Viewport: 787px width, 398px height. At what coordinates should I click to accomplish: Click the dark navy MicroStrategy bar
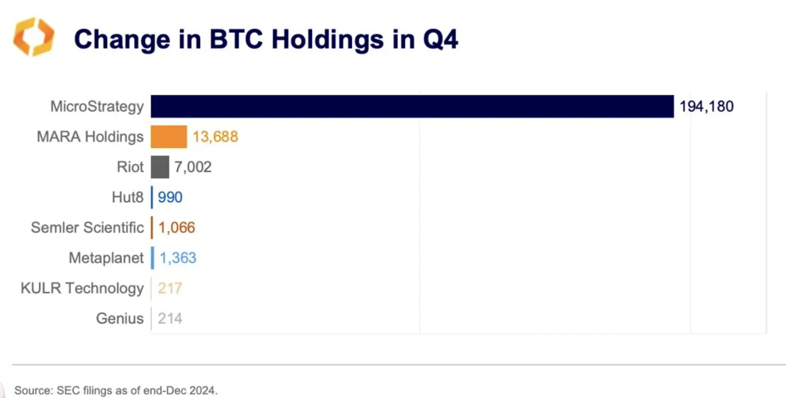[x=412, y=106]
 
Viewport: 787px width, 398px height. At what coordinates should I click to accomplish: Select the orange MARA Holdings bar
[x=169, y=137]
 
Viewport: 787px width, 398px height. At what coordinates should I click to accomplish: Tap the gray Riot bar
[x=160, y=167]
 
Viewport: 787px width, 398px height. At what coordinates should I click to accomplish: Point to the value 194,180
[x=706, y=106]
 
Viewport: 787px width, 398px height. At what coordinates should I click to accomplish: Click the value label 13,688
[x=215, y=137]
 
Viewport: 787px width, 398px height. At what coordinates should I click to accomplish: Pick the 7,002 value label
[x=193, y=167]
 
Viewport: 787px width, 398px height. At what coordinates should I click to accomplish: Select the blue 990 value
[x=170, y=197]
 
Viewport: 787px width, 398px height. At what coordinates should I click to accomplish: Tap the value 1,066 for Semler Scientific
[x=177, y=228]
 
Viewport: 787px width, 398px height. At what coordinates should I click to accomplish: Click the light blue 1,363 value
[x=178, y=258]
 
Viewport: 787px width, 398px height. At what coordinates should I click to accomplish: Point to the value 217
[x=170, y=288]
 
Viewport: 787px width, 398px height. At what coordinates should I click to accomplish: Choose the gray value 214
[x=170, y=318]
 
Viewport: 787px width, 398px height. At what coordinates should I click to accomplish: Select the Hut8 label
[x=128, y=197]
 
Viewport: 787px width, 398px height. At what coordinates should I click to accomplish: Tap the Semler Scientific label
[x=87, y=228]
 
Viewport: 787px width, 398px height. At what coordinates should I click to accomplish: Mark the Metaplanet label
[x=106, y=258]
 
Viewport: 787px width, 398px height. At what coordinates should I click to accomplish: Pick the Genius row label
[x=120, y=318]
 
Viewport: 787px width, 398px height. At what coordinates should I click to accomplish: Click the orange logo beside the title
[x=34, y=37]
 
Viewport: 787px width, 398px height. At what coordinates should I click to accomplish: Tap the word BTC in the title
[x=236, y=39]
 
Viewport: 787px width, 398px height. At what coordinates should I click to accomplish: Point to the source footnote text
[x=116, y=390]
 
